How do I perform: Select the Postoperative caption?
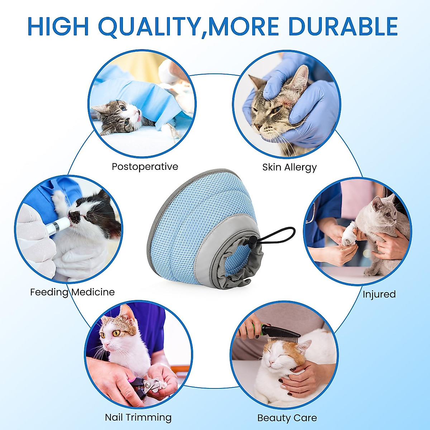point(145,167)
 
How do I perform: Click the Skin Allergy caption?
point(290,167)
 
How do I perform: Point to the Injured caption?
point(379,294)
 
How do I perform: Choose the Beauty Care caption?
point(287,418)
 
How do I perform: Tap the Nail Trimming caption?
point(138,417)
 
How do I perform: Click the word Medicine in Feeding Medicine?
point(93,292)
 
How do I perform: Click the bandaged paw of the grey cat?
point(347,235)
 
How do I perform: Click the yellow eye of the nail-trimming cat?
point(116,333)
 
